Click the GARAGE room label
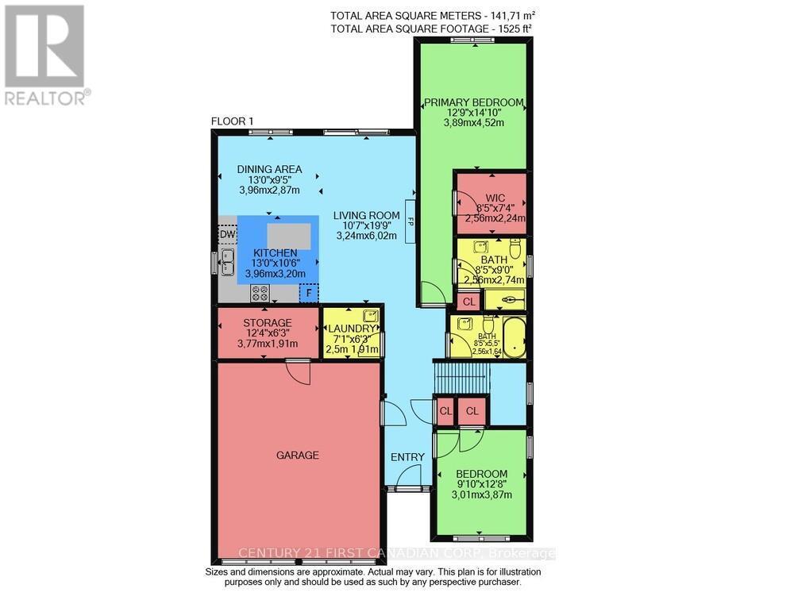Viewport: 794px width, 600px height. tap(298, 455)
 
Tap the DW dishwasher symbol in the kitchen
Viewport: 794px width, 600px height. tap(227, 235)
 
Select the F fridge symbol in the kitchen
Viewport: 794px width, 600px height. tap(307, 293)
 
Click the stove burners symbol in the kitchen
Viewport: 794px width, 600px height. tap(260, 293)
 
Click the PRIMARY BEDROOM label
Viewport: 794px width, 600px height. tap(473, 102)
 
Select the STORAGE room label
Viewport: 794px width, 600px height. tap(268, 322)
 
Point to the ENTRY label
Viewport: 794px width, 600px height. tap(407, 456)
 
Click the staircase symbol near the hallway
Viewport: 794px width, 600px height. tap(461, 375)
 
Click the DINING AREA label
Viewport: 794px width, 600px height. tap(270, 168)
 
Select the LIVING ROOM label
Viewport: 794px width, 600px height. tap(366, 215)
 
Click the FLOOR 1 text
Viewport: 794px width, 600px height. tap(232, 121)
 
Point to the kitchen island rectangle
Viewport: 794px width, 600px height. tap(289, 237)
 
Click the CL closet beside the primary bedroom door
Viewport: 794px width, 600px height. tap(468, 302)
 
